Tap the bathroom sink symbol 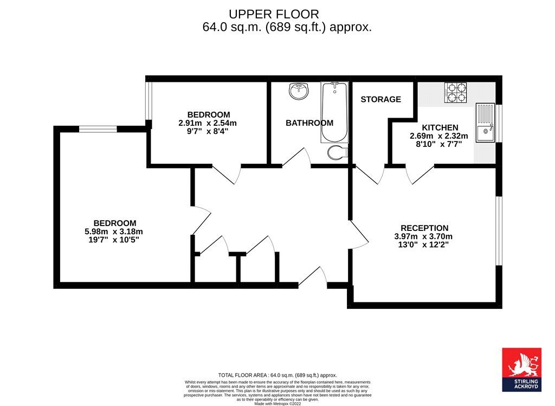tap(299, 91)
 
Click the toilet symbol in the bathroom tap(337, 152)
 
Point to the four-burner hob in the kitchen tap(456, 93)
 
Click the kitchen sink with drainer tap(485, 123)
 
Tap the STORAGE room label tap(380, 99)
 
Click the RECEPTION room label tap(424, 228)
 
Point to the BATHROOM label tap(309, 123)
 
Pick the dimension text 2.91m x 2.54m tap(208, 123)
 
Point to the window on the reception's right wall tap(499, 230)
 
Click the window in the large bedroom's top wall tap(98, 129)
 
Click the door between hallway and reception tap(358, 235)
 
